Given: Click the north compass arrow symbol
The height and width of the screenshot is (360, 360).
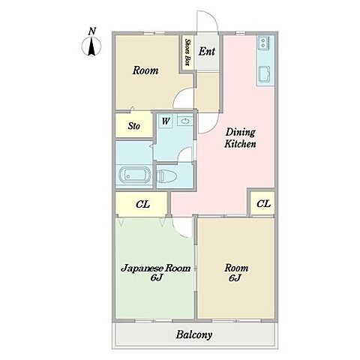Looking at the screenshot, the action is pos(91,46).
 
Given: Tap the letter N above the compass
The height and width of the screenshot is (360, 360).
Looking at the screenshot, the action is pos(92,31).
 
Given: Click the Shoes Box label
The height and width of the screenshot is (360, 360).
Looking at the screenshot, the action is pos(187,52).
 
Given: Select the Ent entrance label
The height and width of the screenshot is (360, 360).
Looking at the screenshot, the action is pos(207,52).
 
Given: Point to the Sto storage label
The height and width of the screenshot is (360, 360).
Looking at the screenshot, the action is pos(134,126).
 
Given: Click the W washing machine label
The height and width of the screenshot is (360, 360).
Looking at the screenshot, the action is pos(166,121).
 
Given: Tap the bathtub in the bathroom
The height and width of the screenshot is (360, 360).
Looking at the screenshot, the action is pos(134,174).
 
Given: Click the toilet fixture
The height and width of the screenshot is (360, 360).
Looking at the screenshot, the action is pos(168,175).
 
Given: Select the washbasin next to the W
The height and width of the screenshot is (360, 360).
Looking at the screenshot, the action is pos(185,121).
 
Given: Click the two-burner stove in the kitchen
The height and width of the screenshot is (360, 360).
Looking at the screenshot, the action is pos(263,43).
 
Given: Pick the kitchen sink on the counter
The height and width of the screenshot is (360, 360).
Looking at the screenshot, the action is pos(264,74).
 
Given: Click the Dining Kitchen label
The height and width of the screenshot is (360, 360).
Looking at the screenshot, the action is pos(240,138).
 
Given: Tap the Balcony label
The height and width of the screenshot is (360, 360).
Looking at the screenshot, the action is pos(194,334).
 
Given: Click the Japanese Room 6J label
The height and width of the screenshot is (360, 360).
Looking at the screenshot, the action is pos(156,272).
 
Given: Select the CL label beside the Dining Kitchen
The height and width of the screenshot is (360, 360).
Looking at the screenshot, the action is pos(263,204).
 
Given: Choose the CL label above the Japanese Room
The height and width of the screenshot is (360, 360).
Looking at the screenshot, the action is pos(142,204).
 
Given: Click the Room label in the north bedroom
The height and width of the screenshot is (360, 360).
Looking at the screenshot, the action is pos(145,70).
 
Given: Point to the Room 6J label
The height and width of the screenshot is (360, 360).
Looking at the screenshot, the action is pos(236,272).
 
